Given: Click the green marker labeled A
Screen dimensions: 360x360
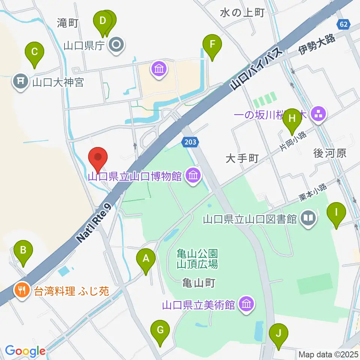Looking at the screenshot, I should (145, 258).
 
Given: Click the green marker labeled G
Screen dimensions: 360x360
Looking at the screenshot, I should (160, 330).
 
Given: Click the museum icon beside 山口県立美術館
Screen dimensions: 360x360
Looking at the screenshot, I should (246, 304).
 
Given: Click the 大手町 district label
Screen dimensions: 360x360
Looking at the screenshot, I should (242, 159).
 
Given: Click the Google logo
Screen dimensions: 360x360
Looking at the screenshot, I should (25, 351).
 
